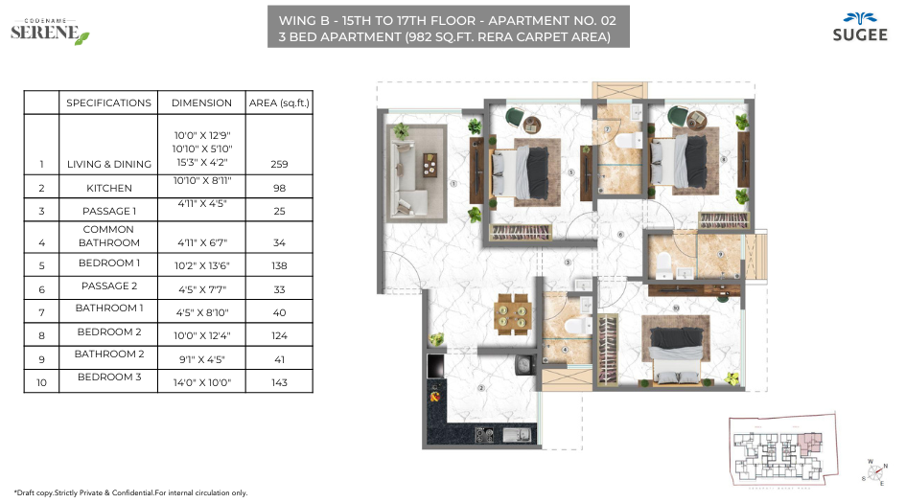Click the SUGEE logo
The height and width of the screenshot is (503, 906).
coord(850,27)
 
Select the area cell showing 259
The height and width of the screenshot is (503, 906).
coord(279,164)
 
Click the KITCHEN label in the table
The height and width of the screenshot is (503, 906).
coord(107,188)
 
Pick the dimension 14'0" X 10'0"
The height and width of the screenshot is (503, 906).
coord(204,382)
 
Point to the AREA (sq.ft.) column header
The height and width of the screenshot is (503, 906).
coord(279,103)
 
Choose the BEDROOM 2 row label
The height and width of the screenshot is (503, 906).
coord(108,332)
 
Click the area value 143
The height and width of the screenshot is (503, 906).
coord(279,382)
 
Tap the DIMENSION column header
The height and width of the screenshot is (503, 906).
coord(201,103)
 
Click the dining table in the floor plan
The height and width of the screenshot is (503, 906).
coord(511,314)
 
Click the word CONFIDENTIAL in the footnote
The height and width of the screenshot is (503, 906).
coord(129,492)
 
